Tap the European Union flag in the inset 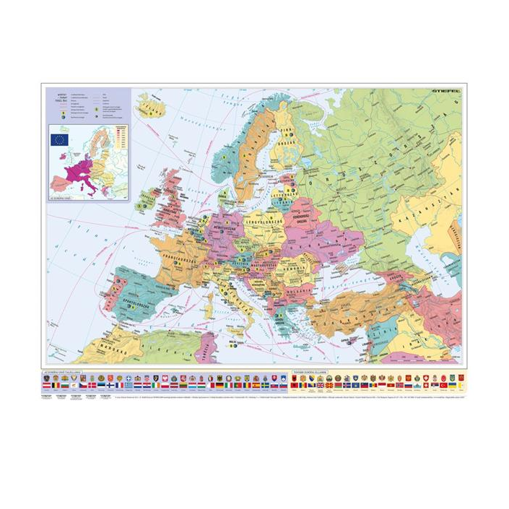click(x=60, y=138)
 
